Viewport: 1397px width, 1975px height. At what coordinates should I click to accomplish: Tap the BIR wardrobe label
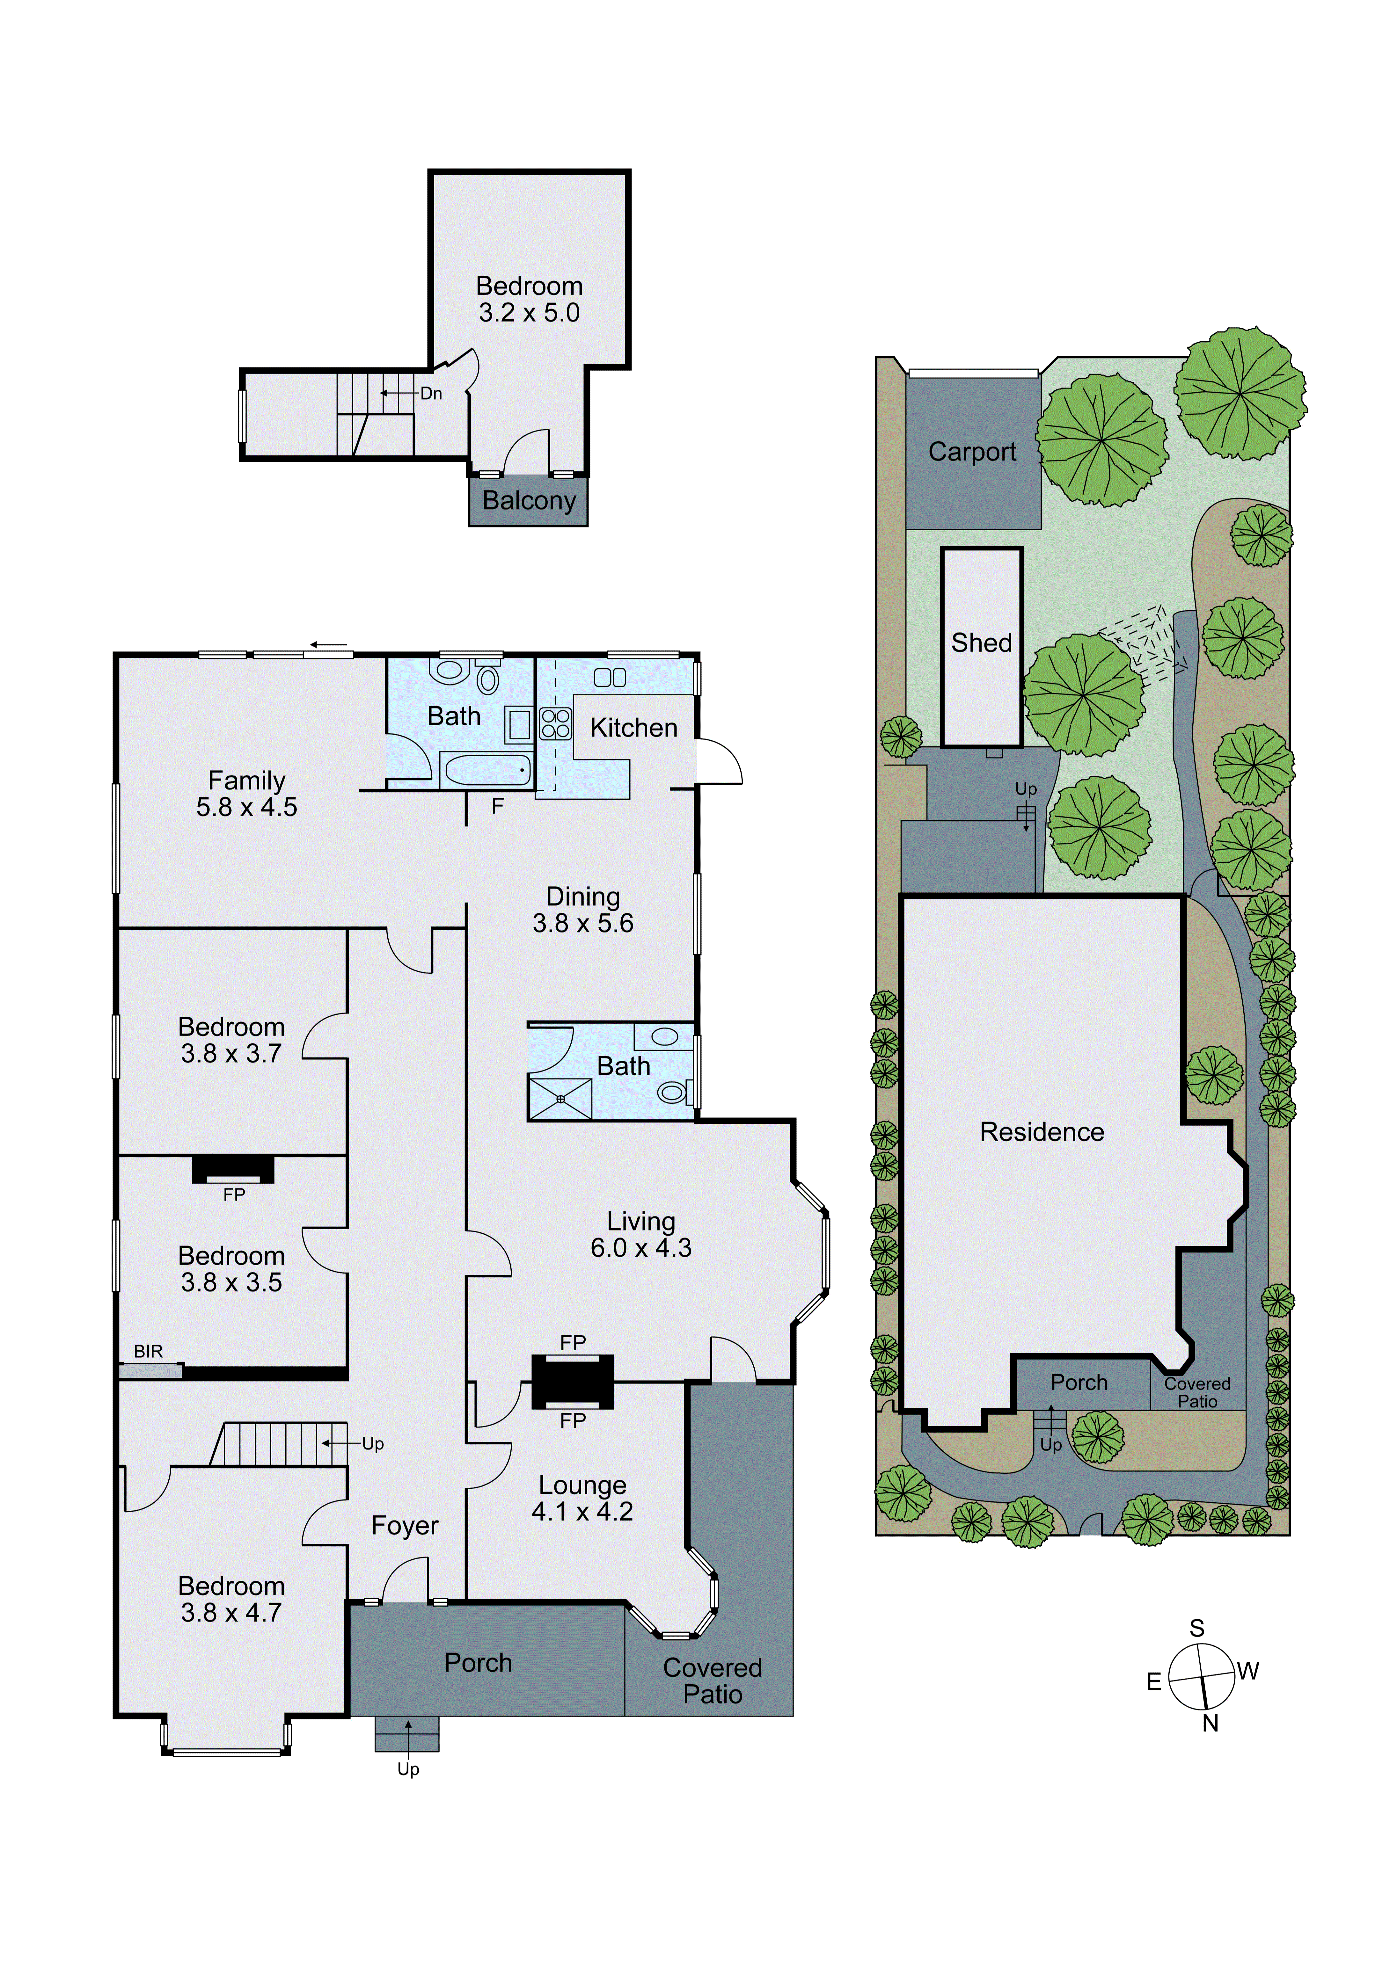click(148, 1351)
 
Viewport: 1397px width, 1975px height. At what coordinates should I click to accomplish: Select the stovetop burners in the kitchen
click(555, 723)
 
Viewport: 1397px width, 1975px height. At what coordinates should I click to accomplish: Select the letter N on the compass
click(1210, 1723)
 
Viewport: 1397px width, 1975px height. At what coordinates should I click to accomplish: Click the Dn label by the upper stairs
click(431, 393)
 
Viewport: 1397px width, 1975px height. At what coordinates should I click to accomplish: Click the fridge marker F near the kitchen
click(497, 806)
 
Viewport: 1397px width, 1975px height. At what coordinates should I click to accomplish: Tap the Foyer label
click(404, 1525)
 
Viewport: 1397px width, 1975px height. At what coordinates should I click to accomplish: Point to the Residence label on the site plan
click(1042, 1132)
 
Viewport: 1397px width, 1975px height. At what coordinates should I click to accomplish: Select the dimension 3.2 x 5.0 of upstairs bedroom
click(529, 313)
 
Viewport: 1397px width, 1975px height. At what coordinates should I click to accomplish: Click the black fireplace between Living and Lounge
click(572, 1382)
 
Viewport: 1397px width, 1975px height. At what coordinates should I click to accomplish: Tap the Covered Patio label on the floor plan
click(712, 1681)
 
